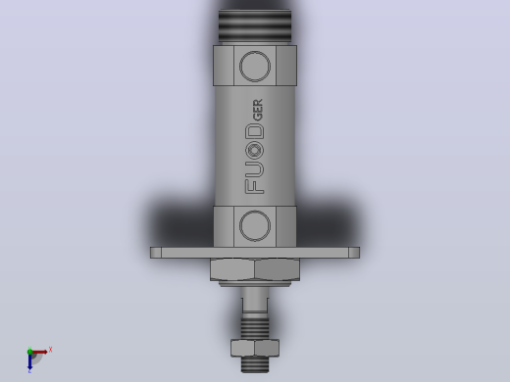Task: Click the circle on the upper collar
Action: [255, 51]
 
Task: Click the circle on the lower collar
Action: [255, 211]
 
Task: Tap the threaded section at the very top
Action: [255, 26]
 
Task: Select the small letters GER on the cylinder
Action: [258, 110]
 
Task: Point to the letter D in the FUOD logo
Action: [255, 133]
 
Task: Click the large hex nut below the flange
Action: [255, 269]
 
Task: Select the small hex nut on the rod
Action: [255, 348]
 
